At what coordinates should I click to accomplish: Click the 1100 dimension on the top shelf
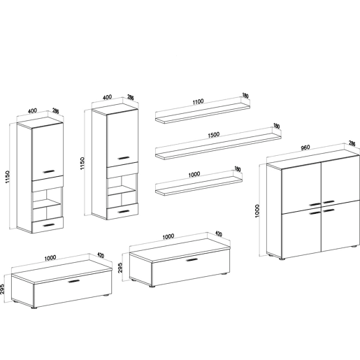198,102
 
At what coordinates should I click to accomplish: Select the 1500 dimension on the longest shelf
213,135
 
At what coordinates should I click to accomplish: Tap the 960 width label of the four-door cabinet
305,147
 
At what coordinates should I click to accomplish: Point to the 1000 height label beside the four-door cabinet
257,210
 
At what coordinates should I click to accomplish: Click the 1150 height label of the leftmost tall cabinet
8,177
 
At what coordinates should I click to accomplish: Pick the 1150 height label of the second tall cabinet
82,163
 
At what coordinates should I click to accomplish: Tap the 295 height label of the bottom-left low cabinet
2,289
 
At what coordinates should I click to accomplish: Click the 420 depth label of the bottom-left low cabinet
101,255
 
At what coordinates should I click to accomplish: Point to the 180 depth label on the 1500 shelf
276,126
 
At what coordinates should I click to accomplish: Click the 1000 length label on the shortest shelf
194,174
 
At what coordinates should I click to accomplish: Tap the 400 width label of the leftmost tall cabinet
32,110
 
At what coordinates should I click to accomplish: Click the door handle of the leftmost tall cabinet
49,171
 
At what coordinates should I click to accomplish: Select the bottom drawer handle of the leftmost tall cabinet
49,225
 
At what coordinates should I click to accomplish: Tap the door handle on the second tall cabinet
124,158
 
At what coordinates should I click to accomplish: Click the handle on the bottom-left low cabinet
74,281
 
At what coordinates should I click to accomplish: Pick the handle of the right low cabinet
192,260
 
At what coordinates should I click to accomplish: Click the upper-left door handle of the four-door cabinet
315,205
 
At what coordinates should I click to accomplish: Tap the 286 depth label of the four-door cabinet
352,143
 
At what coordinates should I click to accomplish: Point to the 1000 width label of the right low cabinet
168,236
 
